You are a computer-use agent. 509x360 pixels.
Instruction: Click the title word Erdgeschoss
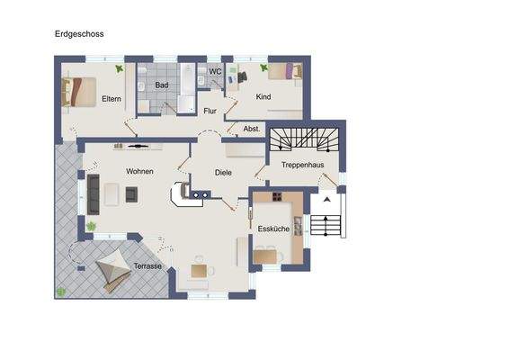coord(80,34)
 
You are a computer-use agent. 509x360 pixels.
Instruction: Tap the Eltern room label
coord(112,98)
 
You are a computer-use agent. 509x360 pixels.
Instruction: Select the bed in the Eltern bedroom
coord(78,92)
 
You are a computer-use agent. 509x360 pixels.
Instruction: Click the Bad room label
coord(162,85)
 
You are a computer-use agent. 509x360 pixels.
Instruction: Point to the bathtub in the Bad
coord(187,90)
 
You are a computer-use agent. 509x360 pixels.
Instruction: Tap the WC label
coord(215,71)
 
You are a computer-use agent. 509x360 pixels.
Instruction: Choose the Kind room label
coord(264,96)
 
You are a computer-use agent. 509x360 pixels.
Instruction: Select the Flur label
coord(210,112)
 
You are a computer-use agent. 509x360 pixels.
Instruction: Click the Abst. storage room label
coord(252,129)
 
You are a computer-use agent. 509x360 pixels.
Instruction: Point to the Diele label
coord(224,171)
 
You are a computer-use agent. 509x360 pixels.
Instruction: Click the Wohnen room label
coord(139,171)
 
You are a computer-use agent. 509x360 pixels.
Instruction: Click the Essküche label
coord(273,229)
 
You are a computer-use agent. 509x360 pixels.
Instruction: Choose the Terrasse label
coord(147,266)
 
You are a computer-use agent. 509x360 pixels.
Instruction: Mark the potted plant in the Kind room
coord(263,67)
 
